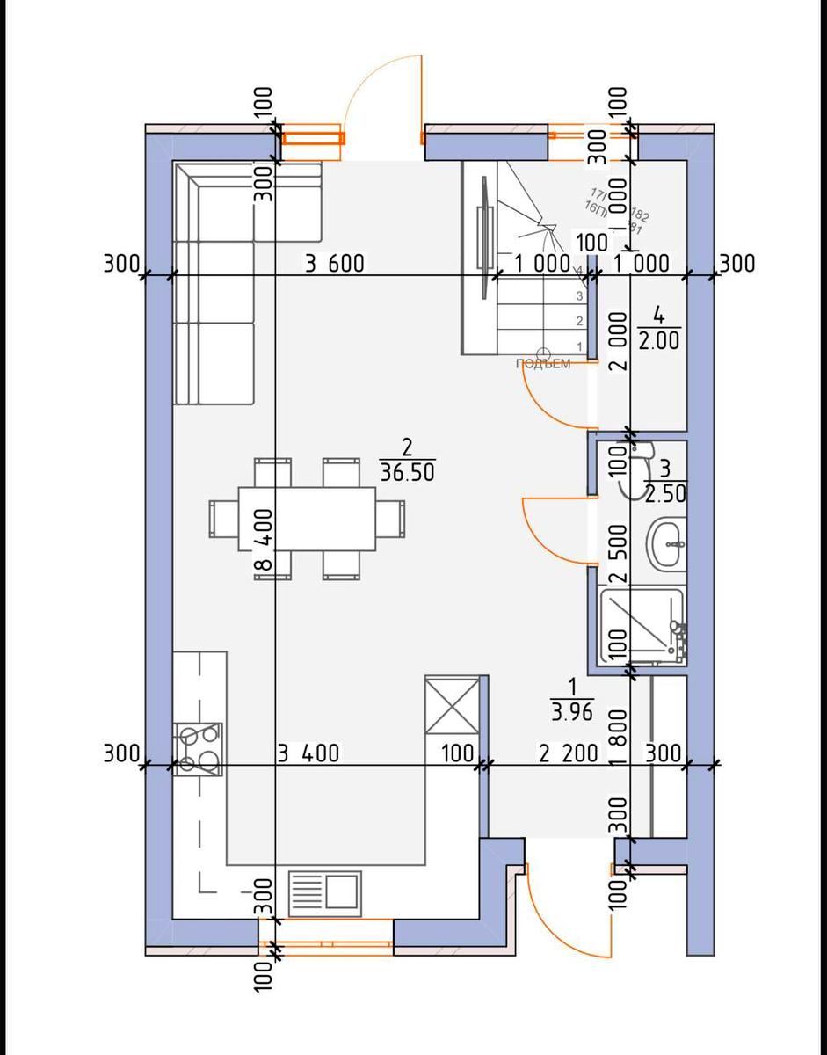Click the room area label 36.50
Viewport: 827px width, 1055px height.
click(408, 472)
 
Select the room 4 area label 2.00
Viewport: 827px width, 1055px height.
click(658, 340)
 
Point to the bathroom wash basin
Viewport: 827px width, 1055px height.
click(666, 545)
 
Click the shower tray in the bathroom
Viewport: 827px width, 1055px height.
click(641, 625)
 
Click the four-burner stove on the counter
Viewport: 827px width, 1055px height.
click(198, 749)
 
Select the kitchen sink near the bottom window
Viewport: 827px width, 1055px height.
click(325, 890)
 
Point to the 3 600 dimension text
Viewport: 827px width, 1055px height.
click(334, 263)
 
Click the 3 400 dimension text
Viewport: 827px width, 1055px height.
click(308, 753)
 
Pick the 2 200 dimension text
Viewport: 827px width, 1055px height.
click(569, 753)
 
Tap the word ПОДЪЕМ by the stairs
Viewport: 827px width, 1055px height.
click(543, 363)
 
